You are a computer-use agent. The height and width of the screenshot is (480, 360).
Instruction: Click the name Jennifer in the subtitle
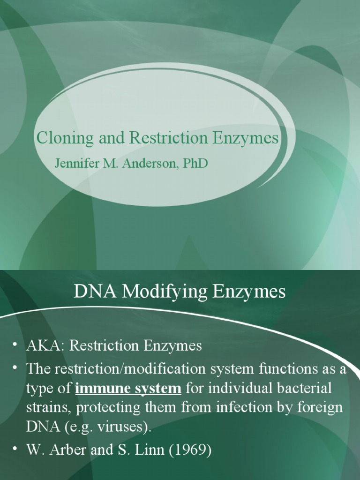[x=75, y=164]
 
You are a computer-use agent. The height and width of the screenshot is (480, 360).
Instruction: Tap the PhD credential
[x=194, y=164]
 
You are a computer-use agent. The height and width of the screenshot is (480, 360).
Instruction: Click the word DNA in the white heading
[x=95, y=292]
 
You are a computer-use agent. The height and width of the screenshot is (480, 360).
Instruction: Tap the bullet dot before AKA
[x=15, y=345]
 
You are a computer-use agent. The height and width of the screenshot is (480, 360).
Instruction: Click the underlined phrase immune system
[x=128, y=389]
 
